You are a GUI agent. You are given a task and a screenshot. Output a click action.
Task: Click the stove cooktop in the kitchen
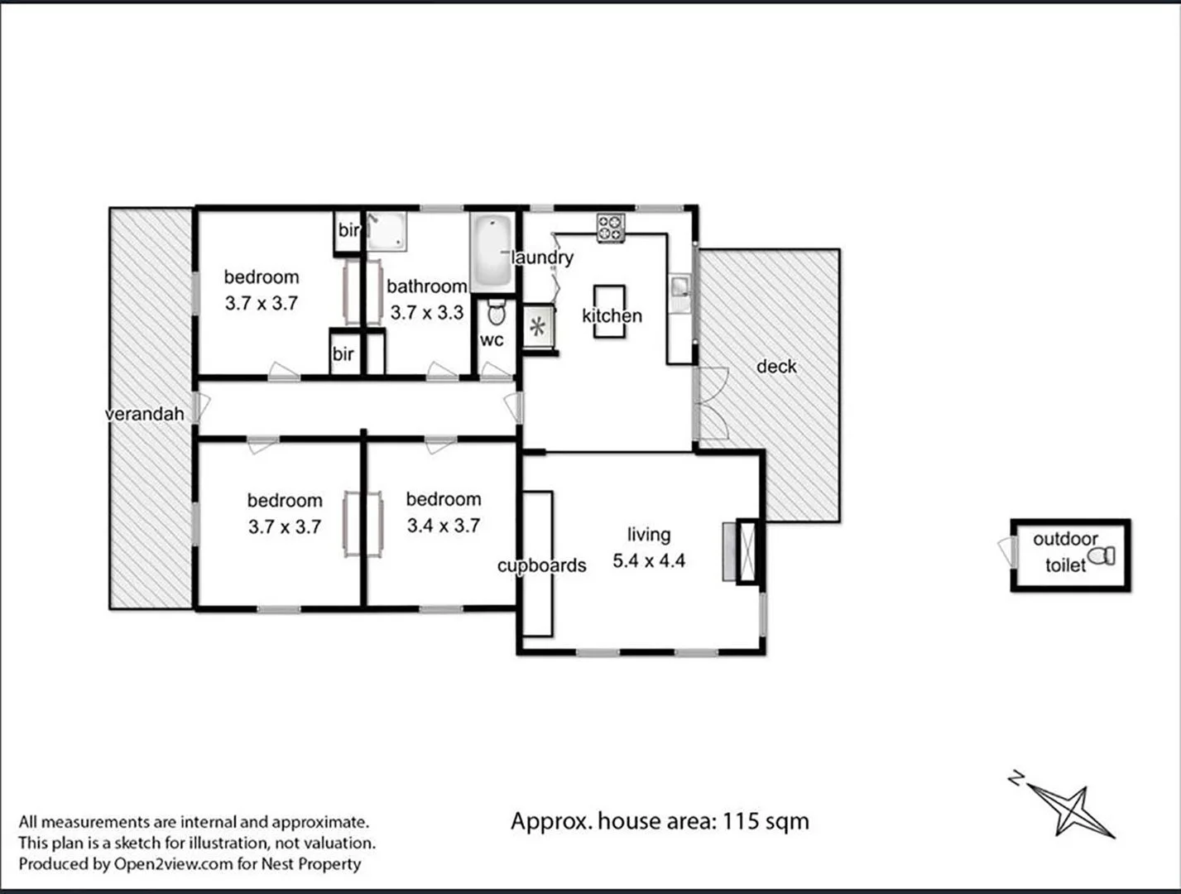coord(612,228)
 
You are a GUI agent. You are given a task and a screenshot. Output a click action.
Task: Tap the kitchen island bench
coord(609,311)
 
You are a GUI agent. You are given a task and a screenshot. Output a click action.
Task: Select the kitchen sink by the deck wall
coord(680,287)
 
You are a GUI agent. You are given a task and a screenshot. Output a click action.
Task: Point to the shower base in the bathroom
coord(386,231)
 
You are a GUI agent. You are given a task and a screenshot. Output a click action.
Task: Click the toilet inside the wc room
coord(496,313)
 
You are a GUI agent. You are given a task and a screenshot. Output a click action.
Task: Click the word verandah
coord(145,413)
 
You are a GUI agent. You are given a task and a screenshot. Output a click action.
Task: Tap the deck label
coord(776,366)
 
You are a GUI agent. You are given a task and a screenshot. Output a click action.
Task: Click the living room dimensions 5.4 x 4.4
coord(649,561)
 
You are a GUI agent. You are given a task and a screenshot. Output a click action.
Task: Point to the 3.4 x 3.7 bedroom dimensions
coord(443,526)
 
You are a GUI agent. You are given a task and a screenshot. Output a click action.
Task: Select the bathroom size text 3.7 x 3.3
coord(426,313)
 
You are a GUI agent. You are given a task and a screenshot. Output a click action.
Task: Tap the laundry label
coord(542,257)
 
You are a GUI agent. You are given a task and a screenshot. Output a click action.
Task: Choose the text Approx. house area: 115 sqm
coord(660,821)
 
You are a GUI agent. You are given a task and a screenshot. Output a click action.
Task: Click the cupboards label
coord(541,565)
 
